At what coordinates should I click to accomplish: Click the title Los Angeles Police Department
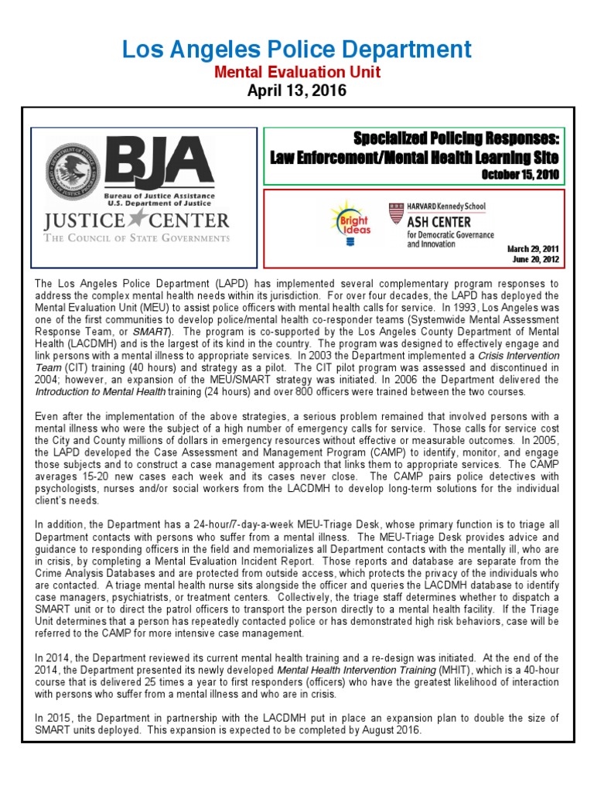(297, 50)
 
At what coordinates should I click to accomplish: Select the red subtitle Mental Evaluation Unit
(297, 73)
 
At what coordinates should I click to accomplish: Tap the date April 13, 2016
(297, 91)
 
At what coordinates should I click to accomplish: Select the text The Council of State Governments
(136, 237)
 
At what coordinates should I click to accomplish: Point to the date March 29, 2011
(532, 248)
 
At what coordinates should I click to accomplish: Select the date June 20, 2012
(534, 260)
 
